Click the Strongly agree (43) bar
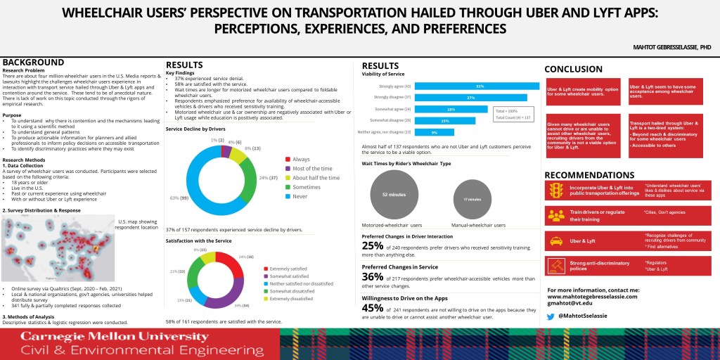pos(480,86)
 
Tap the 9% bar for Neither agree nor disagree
pos(434,132)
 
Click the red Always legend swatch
pos(288,160)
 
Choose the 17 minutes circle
pos(467,199)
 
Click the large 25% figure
pos(372,246)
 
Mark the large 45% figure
pos(372,308)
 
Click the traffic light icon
pos(555,190)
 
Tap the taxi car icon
pos(555,241)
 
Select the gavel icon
pos(555,266)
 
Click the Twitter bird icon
pos(551,316)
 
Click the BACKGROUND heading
pos(33,63)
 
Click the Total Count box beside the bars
pos(514,113)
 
